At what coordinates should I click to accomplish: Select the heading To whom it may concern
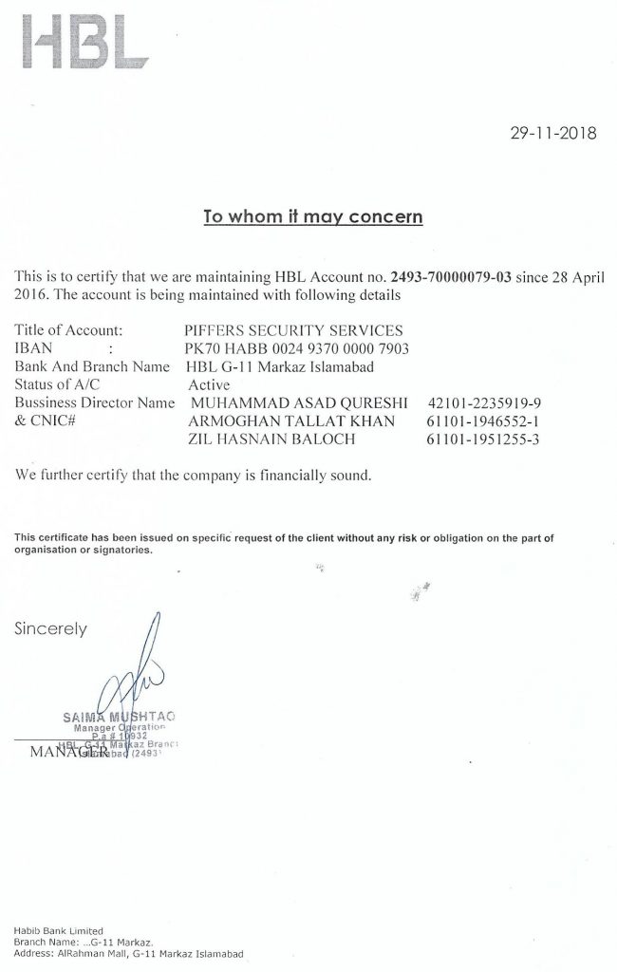point(313,215)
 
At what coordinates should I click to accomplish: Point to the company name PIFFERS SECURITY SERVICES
point(293,330)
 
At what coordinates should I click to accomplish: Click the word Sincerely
point(50,628)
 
